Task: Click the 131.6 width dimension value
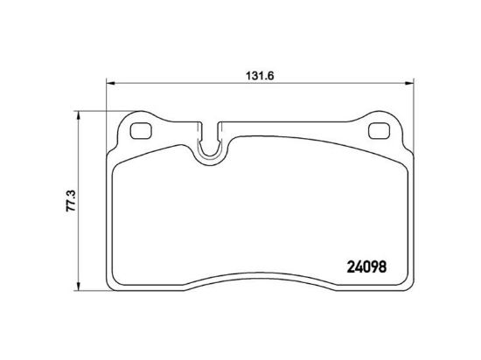(x=260, y=76)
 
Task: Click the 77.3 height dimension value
(x=71, y=201)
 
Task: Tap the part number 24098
(x=366, y=267)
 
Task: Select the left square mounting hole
(x=141, y=131)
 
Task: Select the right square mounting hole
(x=379, y=131)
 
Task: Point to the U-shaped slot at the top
(x=210, y=152)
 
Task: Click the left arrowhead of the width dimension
(x=110, y=83)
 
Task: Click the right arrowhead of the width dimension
(x=409, y=83)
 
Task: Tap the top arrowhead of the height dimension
(x=78, y=115)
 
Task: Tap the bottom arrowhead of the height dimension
(x=78, y=286)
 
